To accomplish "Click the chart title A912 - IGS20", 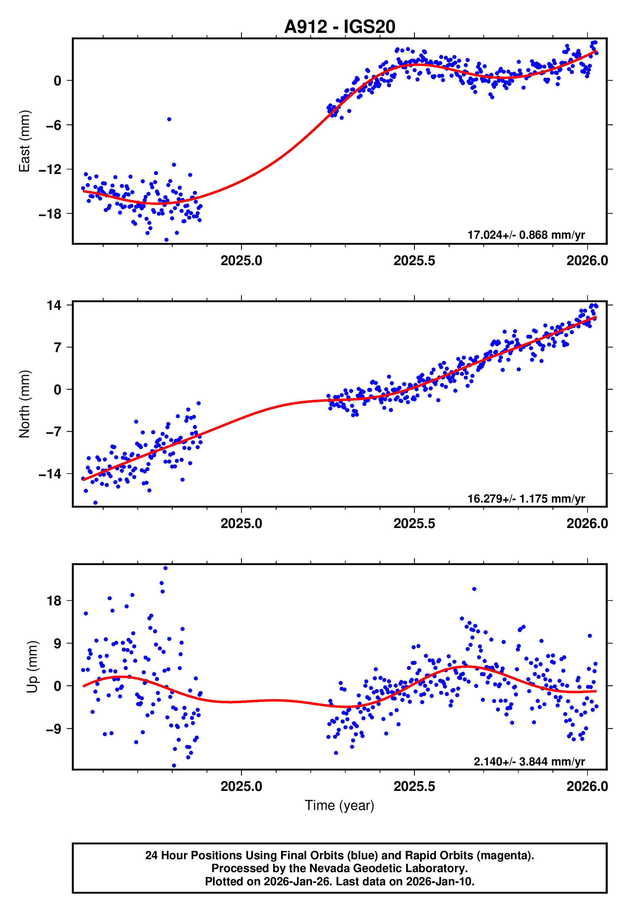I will [340, 27].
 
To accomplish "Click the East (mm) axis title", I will [24, 141].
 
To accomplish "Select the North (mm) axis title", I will [24, 404].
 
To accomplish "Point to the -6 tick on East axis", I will [54, 125].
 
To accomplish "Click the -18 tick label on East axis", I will [50, 214].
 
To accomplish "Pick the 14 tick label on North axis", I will [54, 305].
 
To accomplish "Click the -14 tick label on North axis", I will [50, 474].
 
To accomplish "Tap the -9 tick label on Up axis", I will [53, 728].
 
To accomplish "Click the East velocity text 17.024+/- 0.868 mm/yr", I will [526, 235].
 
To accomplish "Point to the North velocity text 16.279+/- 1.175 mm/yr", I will [526, 498].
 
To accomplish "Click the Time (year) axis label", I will [340, 805].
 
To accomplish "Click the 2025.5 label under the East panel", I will [414, 261].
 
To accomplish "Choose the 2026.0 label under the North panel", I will [587, 524].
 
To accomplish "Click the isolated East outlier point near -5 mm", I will [169, 119].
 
